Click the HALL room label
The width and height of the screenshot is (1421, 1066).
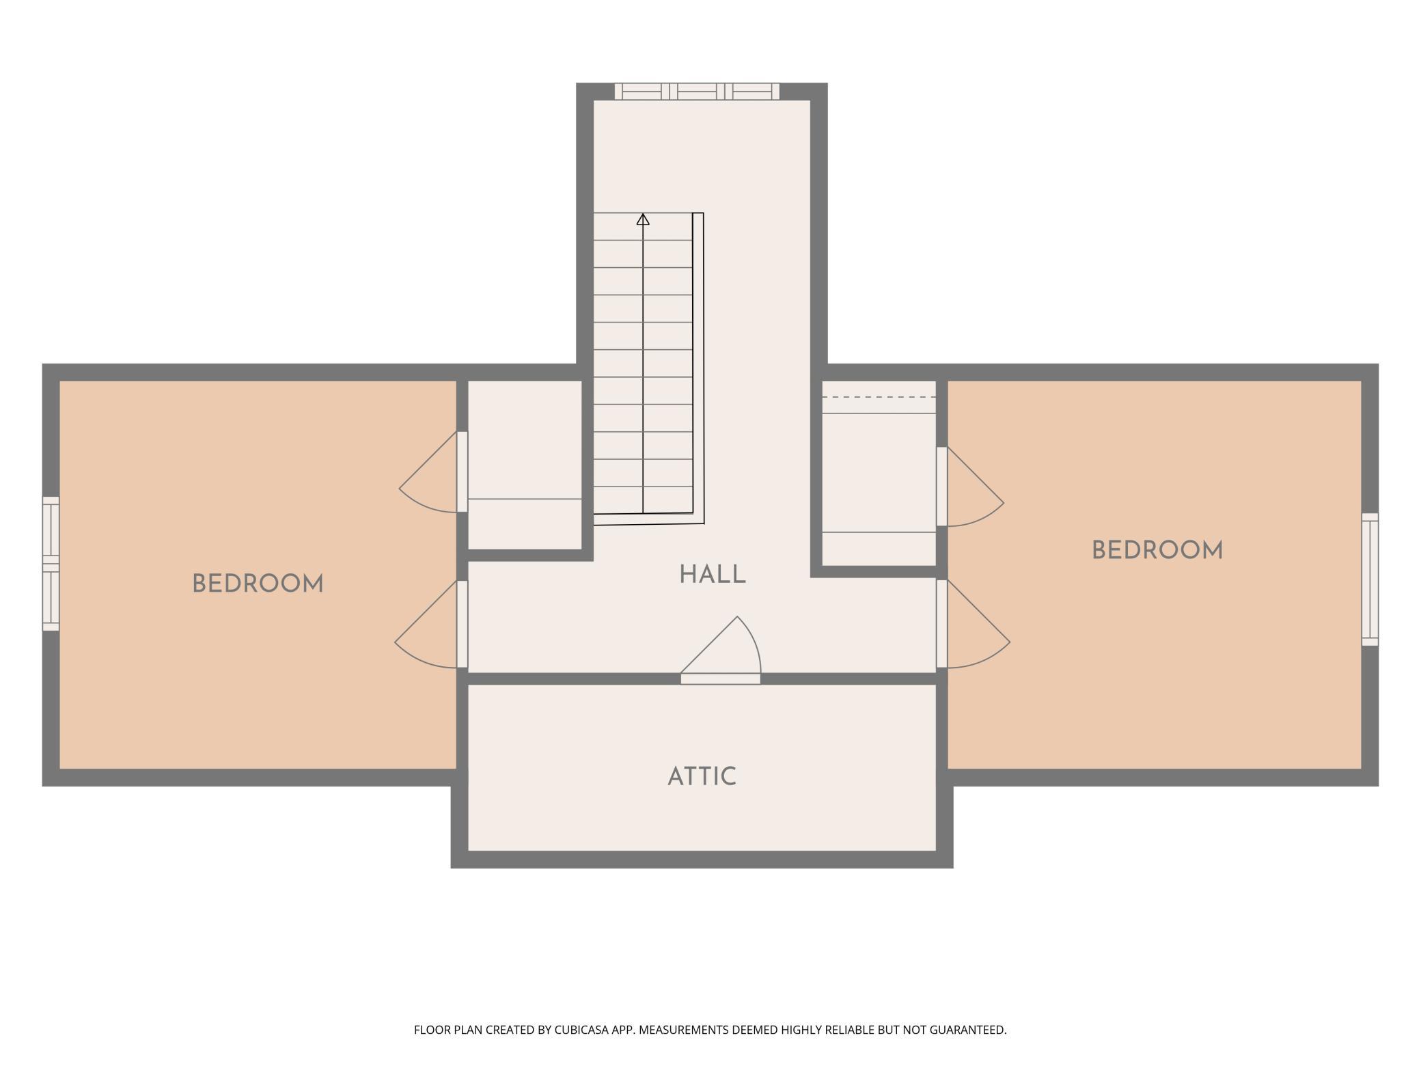pyautogui.click(x=713, y=575)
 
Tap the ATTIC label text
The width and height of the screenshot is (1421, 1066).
pyautogui.click(x=702, y=777)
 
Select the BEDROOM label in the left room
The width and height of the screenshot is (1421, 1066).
pyautogui.click(x=258, y=584)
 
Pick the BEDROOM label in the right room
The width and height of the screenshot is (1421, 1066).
pyautogui.click(x=1157, y=550)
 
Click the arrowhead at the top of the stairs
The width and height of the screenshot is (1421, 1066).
pyautogui.click(x=643, y=219)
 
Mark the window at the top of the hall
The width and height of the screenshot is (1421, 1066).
pyautogui.click(x=697, y=92)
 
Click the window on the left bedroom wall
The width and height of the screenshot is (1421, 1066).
pyautogui.click(x=51, y=564)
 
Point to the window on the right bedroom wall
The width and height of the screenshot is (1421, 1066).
pyautogui.click(x=1370, y=579)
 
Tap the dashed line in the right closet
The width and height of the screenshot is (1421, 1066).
pyautogui.click(x=879, y=397)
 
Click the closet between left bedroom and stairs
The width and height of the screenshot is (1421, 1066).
pyautogui.click(x=525, y=465)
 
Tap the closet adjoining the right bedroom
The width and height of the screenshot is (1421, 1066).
pyautogui.click(x=879, y=473)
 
